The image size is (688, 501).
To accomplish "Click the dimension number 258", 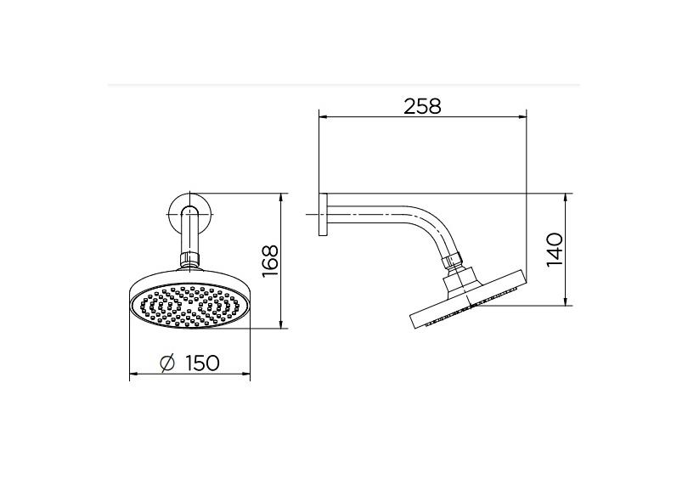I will (x=422, y=106).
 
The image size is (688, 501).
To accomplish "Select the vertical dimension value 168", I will (x=270, y=261).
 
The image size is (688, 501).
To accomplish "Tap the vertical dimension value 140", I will (x=555, y=249).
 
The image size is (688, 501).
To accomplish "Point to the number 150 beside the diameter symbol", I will (x=201, y=363).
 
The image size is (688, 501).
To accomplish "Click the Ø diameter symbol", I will (x=167, y=363).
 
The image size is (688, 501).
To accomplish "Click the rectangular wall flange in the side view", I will (x=322, y=215).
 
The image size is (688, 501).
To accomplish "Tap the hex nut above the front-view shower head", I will (x=189, y=256).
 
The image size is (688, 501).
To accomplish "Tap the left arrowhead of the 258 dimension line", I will (x=321, y=117).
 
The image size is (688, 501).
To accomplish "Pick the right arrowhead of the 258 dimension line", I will (x=524, y=117).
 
